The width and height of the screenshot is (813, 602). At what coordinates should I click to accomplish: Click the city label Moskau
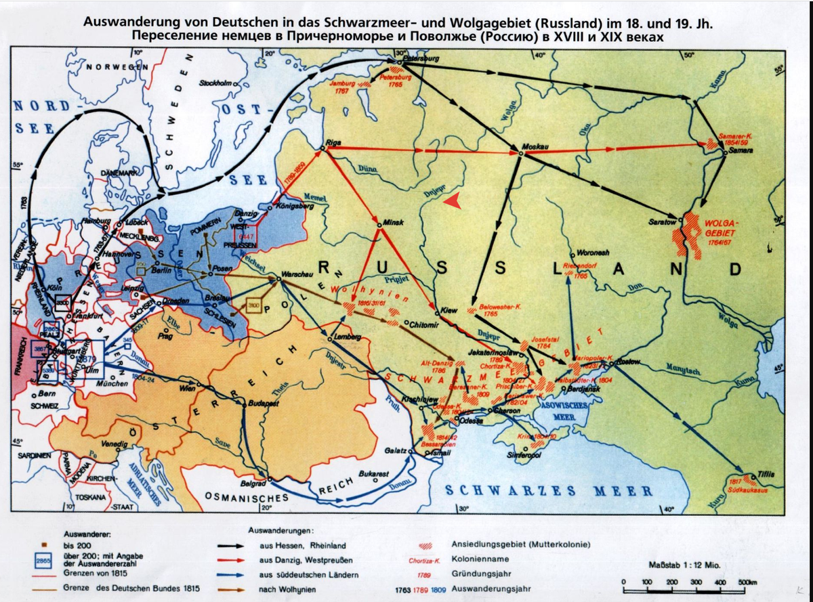535,146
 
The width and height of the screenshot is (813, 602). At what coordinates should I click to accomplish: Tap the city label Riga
334,144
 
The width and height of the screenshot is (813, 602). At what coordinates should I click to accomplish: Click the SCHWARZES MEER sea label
549,490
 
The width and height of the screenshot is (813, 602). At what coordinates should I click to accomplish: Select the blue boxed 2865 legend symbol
44,562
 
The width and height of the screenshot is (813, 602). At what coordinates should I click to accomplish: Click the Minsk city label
393,221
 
